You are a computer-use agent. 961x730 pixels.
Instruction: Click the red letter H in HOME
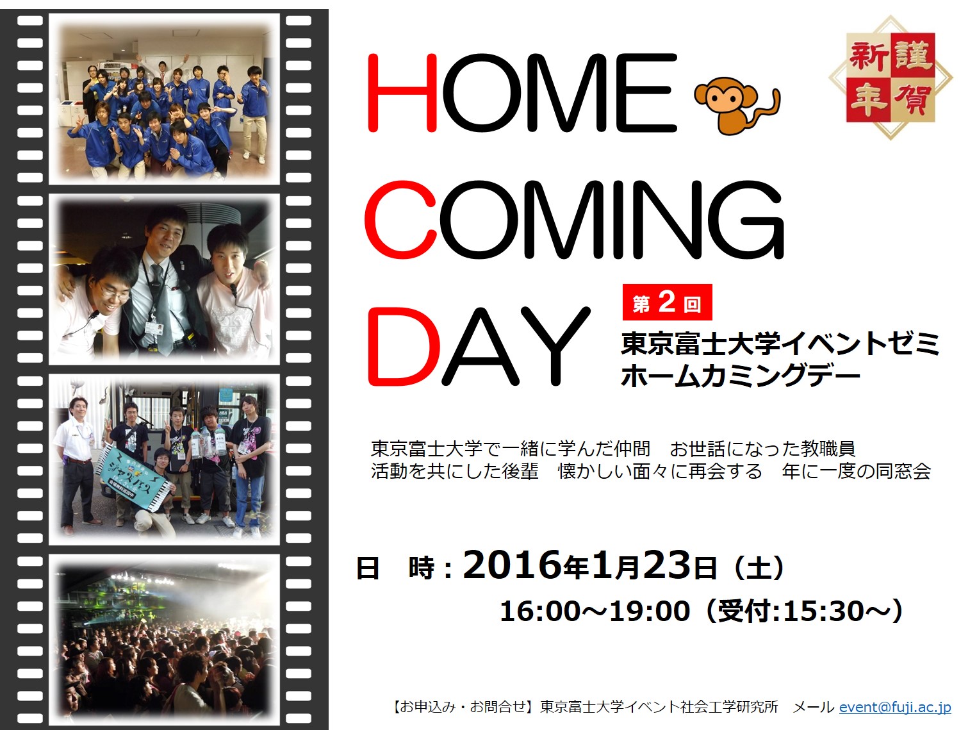pos(402,92)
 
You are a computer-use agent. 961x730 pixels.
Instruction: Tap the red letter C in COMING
pos(400,220)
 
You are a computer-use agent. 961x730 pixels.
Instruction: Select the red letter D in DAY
pos(404,346)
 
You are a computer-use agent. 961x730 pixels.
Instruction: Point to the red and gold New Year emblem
pos(891,78)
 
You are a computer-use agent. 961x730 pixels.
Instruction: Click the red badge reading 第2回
pos(667,303)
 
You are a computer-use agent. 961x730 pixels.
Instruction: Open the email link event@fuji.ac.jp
pos(895,707)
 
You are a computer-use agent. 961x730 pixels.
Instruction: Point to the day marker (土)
pos(758,568)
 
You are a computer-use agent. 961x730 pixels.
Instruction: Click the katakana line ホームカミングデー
pos(741,376)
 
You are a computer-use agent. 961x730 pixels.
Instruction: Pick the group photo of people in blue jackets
pos(164,99)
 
